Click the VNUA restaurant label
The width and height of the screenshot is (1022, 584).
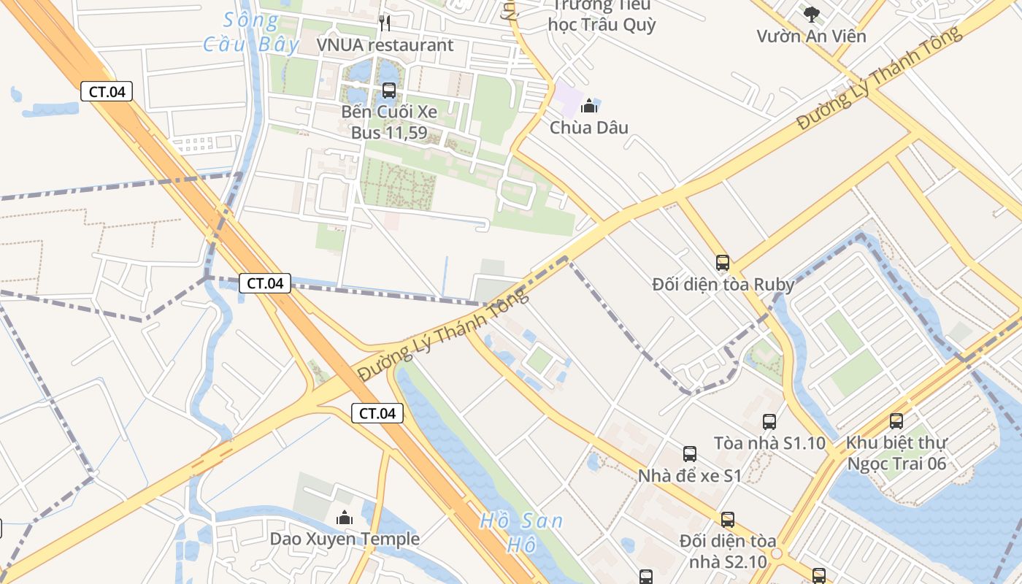[x=385, y=45]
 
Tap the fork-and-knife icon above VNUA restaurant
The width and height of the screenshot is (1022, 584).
[x=385, y=23]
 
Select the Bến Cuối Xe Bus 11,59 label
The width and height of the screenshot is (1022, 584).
[x=389, y=123]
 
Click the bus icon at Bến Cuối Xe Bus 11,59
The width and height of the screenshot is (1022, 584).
[x=389, y=91]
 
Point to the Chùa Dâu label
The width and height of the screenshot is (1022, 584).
[x=588, y=128]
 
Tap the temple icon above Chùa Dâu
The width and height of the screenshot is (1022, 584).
[x=589, y=106]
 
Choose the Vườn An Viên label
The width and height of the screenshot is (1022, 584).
[x=811, y=36]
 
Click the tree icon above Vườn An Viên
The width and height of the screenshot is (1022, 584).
[x=810, y=14]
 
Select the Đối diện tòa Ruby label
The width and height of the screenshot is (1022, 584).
[x=723, y=285]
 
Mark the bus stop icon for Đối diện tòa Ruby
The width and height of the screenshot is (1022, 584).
[x=723, y=263]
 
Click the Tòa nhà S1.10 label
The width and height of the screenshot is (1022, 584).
[x=769, y=443]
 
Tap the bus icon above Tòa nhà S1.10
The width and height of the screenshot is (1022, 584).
[x=769, y=421]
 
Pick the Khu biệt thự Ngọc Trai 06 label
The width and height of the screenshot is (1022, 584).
[x=896, y=453]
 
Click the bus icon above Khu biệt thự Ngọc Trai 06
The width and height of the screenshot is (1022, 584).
[x=896, y=420]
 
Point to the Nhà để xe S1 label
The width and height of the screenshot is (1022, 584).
[x=689, y=476]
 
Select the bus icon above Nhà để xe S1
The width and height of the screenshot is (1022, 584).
[x=689, y=454]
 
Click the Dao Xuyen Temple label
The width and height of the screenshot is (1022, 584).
[x=345, y=539]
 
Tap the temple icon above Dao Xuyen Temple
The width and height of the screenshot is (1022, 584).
[x=345, y=518]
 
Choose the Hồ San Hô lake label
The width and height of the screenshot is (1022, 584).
[x=521, y=532]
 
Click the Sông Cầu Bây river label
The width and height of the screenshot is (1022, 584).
[x=251, y=33]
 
